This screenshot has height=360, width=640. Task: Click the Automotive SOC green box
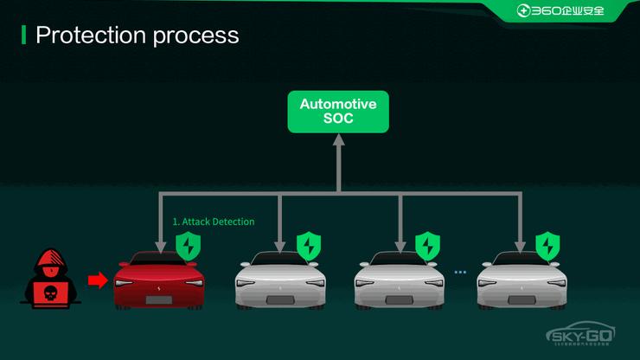tap(338, 112)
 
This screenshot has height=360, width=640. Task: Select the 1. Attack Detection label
tap(213, 222)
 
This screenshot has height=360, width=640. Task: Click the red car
tap(160, 280)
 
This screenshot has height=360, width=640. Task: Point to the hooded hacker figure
tap(49, 277)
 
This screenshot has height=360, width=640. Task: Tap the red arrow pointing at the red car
tap(98, 280)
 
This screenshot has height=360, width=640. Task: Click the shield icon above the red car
tap(188, 246)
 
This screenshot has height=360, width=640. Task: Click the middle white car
tap(399, 282)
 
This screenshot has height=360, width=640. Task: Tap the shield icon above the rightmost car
tap(547, 246)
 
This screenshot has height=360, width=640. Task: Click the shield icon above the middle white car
tap(427, 246)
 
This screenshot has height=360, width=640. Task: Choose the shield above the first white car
tap(308, 246)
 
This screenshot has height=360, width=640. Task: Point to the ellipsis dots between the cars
tap(459, 273)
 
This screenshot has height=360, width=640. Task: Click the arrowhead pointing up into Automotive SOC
tap(339, 141)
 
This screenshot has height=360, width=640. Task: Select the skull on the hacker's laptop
tap(49, 292)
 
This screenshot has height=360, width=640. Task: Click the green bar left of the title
tap(24, 35)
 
